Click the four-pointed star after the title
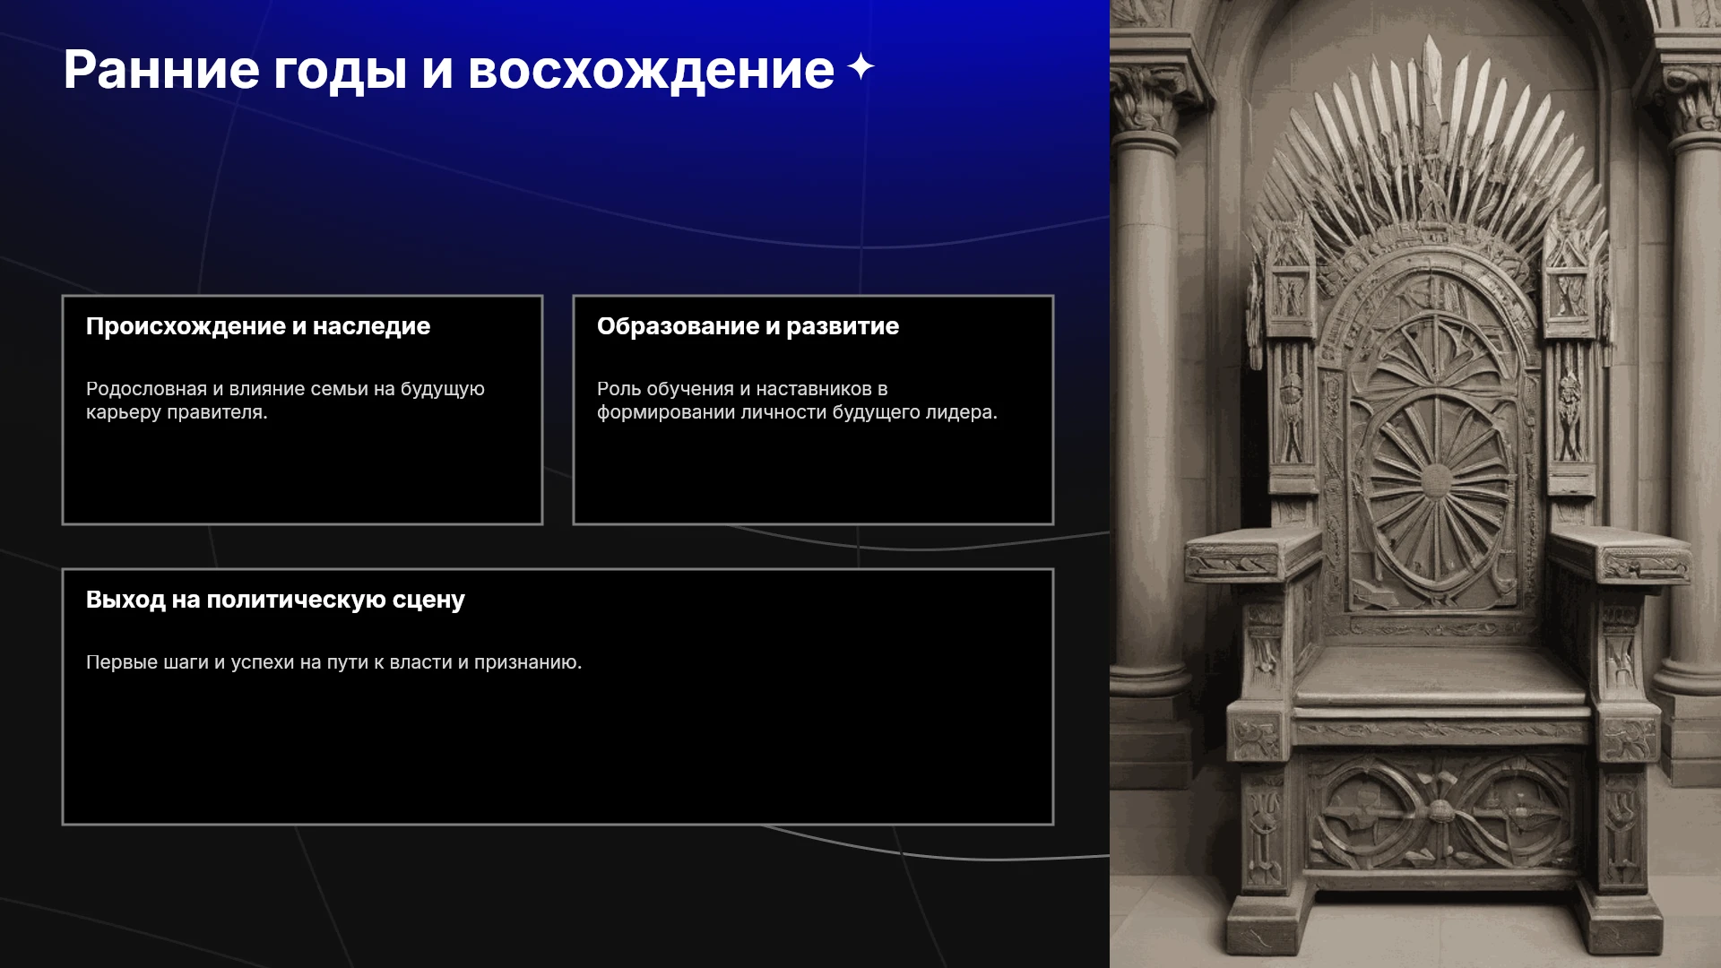[x=860, y=66]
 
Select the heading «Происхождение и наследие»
[x=258, y=326]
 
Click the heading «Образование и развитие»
[x=748, y=326]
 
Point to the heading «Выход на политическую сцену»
[x=275, y=600]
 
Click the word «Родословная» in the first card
[x=146, y=390]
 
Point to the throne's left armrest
[x=1253, y=552]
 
